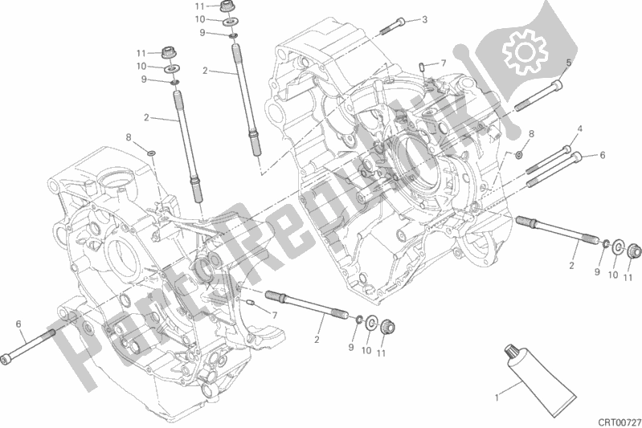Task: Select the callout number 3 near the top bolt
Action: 424,19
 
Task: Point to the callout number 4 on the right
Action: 579,128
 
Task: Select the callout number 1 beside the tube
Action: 496,395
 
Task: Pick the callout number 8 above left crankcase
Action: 128,137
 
